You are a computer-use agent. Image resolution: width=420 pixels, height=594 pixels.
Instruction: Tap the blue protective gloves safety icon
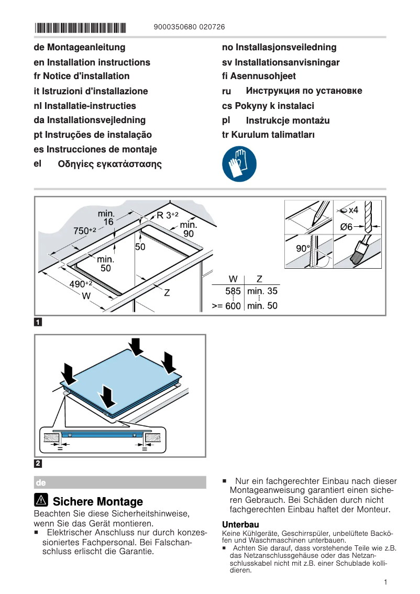239,164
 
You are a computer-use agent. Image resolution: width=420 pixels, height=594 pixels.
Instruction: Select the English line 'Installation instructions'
92,62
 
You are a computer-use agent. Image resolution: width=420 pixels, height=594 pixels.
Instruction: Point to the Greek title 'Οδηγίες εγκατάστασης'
109,164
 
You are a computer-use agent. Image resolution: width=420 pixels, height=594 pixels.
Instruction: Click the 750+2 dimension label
84,230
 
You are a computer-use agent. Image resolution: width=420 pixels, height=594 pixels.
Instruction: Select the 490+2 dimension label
81,284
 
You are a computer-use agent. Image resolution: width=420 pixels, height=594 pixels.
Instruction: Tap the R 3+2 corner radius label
168,215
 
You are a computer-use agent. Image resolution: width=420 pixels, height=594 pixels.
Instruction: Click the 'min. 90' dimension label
188,229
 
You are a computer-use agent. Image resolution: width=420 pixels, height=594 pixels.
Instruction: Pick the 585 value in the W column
233,291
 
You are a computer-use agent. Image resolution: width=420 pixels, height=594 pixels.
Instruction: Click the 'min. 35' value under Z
262,291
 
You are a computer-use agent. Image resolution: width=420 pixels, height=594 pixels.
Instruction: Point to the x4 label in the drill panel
353,210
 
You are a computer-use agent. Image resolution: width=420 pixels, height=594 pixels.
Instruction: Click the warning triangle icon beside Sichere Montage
41,501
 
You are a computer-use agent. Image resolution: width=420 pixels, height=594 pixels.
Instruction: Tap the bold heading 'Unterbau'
240,524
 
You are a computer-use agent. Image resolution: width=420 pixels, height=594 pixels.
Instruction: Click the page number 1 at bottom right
385,582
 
